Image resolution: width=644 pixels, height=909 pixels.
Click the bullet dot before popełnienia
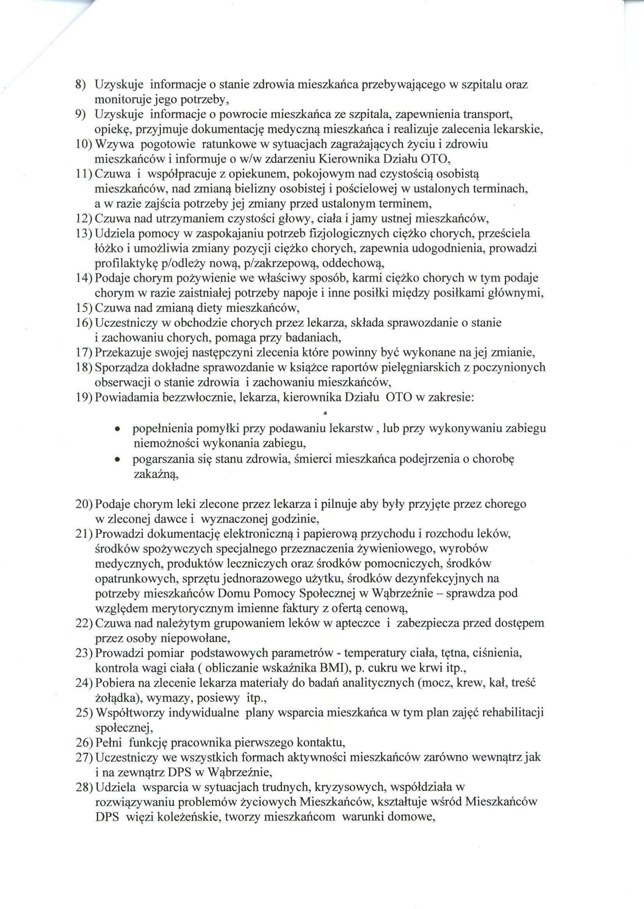coord(117,429)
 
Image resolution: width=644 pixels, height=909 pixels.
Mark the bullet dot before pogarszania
coord(117,461)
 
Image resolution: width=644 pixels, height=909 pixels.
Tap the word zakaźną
coord(156,475)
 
